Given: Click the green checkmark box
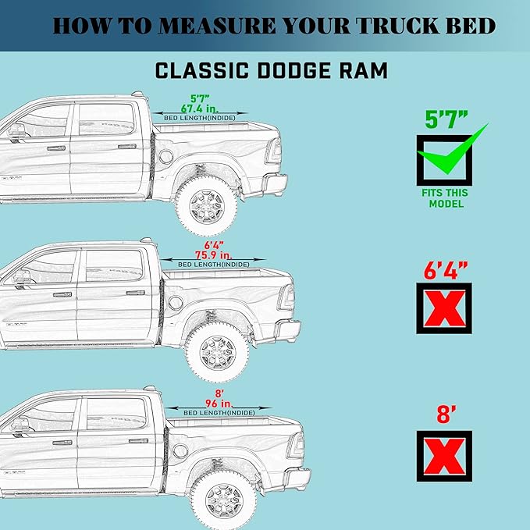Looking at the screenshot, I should (x=445, y=158).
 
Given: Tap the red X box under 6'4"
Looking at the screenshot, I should (x=444, y=308).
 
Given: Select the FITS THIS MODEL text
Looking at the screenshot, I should (x=446, y=198).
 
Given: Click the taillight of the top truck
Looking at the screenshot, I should (x=272, y=149).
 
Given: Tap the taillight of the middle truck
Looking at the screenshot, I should (x=286, y=297).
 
